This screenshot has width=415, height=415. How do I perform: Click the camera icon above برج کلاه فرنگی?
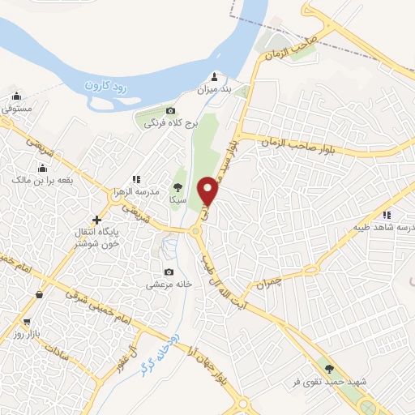coord(170,111)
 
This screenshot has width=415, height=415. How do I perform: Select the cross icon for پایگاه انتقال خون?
coord(97,220)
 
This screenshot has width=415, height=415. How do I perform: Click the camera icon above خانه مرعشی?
coord(169,272)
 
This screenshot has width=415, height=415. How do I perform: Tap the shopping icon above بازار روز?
coord(38,297)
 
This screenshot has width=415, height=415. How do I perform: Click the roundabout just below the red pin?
coord(198,233)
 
